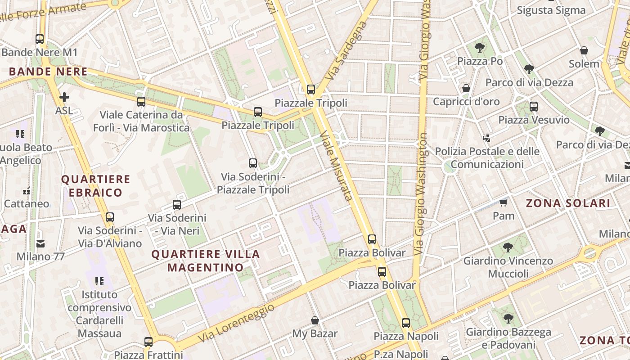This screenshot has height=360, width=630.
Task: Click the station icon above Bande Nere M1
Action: click(x=40, y=39)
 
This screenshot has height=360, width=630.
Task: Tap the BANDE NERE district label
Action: click(x=48, y=72)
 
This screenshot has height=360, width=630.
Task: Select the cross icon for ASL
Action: click(x=64, y=97)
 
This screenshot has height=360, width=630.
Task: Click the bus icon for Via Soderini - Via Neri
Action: click(x=177, y=205)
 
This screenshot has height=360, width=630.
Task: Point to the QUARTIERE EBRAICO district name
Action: click(x=95, y=186)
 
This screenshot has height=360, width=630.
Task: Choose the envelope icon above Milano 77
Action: click(x=40, y=244)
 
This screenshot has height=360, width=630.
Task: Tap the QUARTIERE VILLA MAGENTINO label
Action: click(x=206, y=261)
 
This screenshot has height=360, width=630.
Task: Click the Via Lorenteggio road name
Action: click(x=236, y=323)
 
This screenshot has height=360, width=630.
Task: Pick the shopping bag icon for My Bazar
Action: click(x=315, y=320)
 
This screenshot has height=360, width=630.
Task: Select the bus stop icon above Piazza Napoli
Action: click(x=406, y=323)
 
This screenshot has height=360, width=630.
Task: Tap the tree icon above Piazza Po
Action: click(x=480, y=47)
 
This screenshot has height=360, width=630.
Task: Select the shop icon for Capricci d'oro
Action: click(x=466, y=88)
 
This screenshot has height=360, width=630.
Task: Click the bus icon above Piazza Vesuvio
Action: click(x=534, y=107)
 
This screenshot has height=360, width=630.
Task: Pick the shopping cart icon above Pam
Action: click(x=504, y=202)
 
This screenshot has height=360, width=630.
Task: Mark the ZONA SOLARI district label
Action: click(x=568, y=203)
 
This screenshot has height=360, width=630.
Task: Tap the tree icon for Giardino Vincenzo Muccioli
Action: click(x=508, y=247)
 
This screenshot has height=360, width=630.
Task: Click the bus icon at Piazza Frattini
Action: click(x=148, y=342)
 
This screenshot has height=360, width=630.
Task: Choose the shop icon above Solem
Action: click(x=584, y=50)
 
